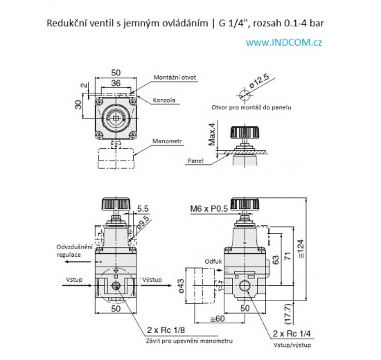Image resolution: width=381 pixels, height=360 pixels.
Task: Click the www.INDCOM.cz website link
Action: pyautogui.click(x=283, y=42)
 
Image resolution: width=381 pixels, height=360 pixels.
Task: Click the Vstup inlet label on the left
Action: pyautogui.click(x=75, y=280)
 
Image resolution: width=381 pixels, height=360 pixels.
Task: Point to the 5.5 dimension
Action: pyautogui.click(x=143, y=208)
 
